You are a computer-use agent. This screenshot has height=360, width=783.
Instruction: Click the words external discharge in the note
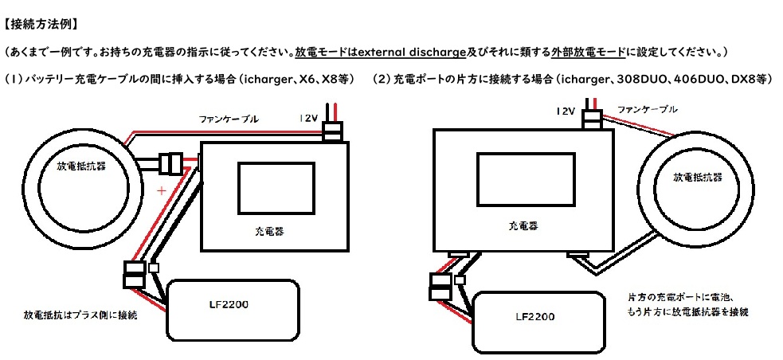click(x=411, y=53)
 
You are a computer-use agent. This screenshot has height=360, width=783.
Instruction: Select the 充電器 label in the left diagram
click(x=271, y=230)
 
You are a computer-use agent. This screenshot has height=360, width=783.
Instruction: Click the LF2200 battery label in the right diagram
click(x=534, y=316)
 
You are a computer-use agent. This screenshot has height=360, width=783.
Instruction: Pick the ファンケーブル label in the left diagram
click(x=228, y=118)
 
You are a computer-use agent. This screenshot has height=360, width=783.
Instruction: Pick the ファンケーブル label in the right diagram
click(x=648, y=109)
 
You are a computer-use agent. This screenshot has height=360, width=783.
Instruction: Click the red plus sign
click(x=162, y=191)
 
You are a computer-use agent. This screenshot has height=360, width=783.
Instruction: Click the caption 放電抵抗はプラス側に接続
click(x=80, y=315)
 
